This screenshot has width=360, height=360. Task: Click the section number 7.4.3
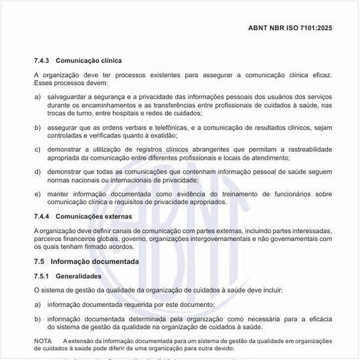(43, 61)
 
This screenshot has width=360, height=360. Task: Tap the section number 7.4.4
(43, 216)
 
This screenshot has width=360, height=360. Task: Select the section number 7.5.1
(43, 277)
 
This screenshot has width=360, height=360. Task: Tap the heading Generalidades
(79, 277)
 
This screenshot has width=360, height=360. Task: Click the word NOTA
(43, 342)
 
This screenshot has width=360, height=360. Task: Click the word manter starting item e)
(58, 194)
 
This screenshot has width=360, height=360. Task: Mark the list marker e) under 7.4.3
(37, 194)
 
